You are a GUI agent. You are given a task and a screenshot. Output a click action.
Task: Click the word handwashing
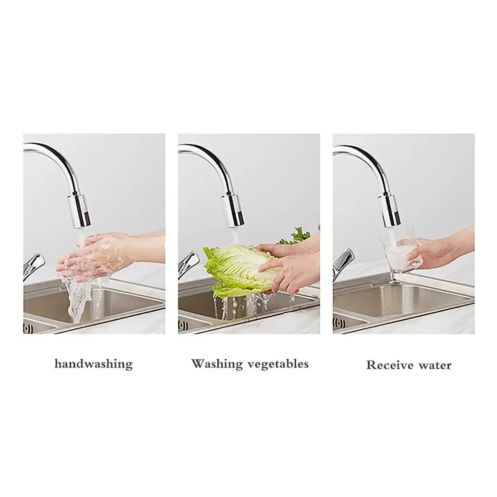[94, 364]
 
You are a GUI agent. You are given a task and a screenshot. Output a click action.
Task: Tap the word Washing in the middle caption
[216, 363]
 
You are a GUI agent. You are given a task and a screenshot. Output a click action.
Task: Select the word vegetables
[278, 364]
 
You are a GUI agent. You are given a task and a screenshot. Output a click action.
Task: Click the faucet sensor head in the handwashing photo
[78, 212]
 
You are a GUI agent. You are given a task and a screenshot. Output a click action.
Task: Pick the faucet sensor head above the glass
[390, 212]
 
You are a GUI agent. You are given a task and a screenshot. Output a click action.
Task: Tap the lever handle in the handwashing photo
[33, 266]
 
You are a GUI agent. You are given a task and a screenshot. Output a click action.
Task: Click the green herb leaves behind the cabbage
[296, 235]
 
